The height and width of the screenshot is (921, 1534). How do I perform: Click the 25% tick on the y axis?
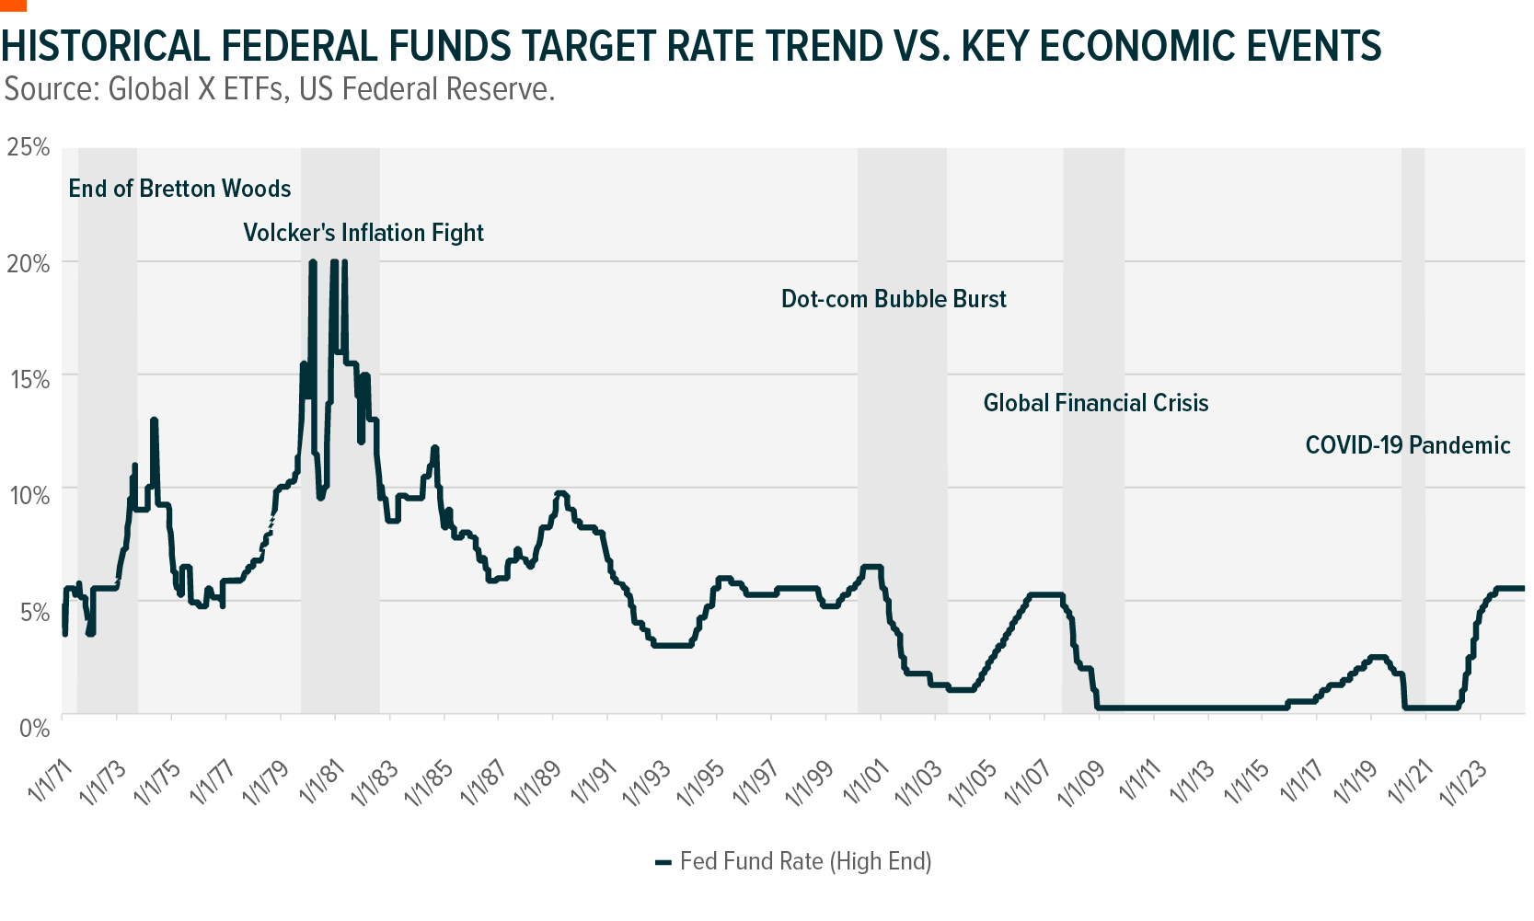tap(29, 147)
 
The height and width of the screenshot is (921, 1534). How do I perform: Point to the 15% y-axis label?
tap(29, 379)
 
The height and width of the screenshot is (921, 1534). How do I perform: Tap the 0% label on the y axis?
tap(34, 728)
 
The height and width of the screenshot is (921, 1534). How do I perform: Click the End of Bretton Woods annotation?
tap(179, 189)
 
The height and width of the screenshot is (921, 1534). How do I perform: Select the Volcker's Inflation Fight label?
tap(363, 233)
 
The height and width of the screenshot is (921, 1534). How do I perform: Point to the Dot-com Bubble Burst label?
tap(894, 299)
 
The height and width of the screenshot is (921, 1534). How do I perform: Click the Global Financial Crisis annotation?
tap(1095, 403)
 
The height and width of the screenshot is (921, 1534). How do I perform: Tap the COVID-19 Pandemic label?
tap(1407, 445)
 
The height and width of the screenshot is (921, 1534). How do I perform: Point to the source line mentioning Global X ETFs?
tap(279, 89)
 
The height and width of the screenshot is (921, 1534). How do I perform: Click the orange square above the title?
tap(13, 5)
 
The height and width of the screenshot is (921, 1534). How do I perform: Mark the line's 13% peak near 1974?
tap(155, 420)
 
